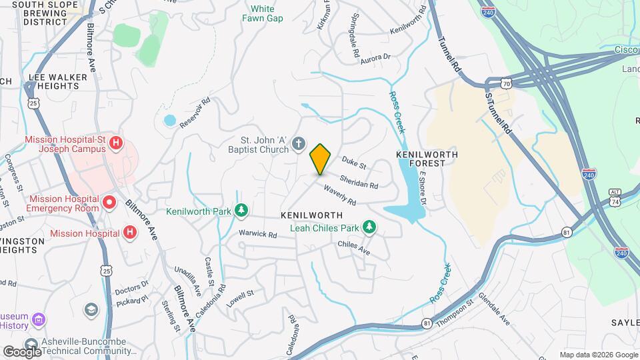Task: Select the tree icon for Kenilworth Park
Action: (241, 211)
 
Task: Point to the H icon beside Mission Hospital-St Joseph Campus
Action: (116, 142)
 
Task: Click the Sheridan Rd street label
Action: (359, 181)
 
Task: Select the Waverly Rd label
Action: (340, 195)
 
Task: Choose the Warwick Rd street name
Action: (258, 234)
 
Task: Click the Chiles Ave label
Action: (353, 248)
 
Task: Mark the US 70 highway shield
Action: (507, 83)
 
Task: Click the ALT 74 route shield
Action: (615, 197)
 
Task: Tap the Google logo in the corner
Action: (22, 351)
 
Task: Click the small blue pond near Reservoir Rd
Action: (169, 121)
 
